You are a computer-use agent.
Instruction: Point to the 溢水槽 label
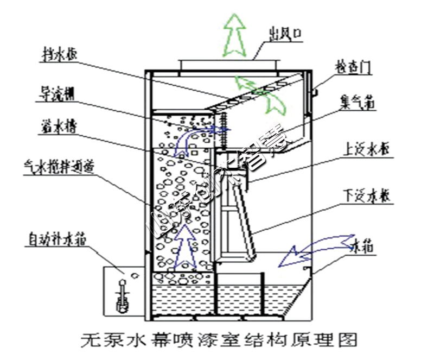point(58,128)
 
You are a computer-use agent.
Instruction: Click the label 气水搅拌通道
point(60,165)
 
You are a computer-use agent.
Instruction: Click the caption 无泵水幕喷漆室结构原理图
point(219,340)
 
